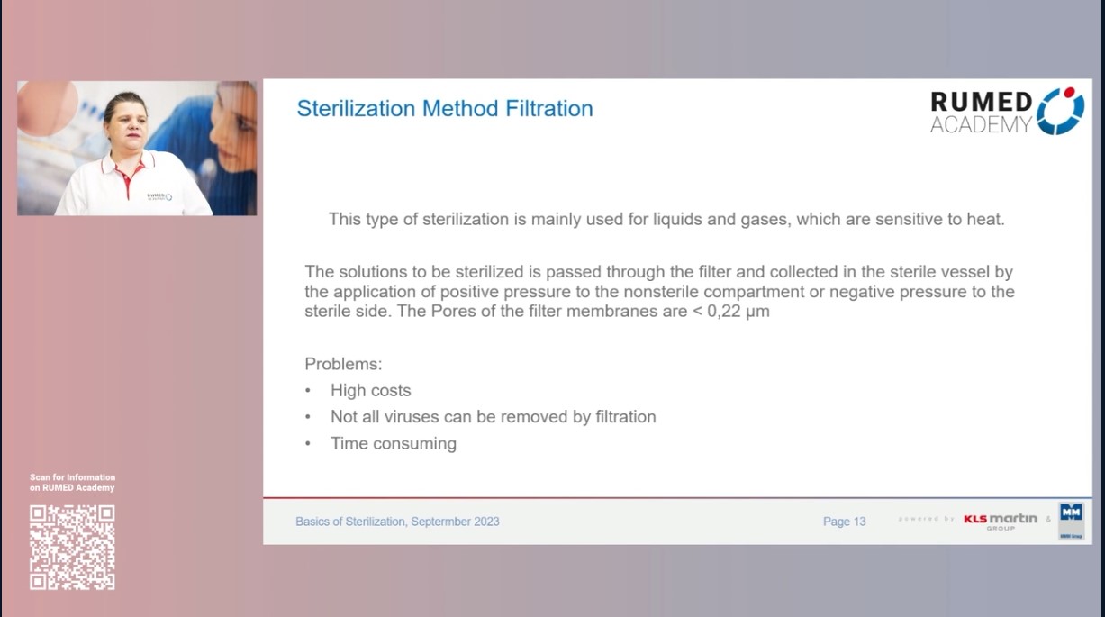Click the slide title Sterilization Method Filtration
445,109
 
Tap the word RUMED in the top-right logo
981,102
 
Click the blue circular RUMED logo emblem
1060,111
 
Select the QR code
72,547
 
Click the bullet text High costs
370,390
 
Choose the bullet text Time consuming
393,443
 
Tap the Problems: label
343,364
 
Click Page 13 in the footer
844,522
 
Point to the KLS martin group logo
1000,520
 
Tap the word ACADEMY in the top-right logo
981,125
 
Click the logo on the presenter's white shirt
159,195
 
